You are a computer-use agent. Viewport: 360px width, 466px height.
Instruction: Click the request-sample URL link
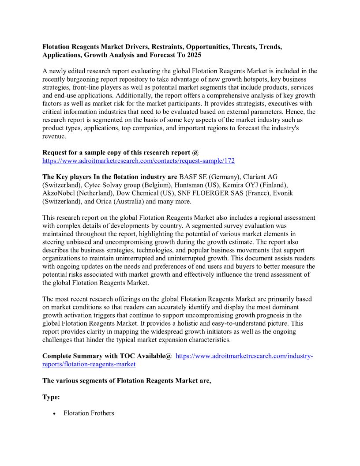click(x=138, y=161)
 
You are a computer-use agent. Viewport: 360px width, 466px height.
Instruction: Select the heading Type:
click(x=51, y=397)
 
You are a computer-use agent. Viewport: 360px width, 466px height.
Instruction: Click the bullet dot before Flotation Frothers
click(x=54, y=413)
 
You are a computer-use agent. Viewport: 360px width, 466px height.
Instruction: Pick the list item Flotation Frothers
click(x=89, y=413)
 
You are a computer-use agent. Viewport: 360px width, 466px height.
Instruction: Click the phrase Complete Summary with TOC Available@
click(x=107, y=356)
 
